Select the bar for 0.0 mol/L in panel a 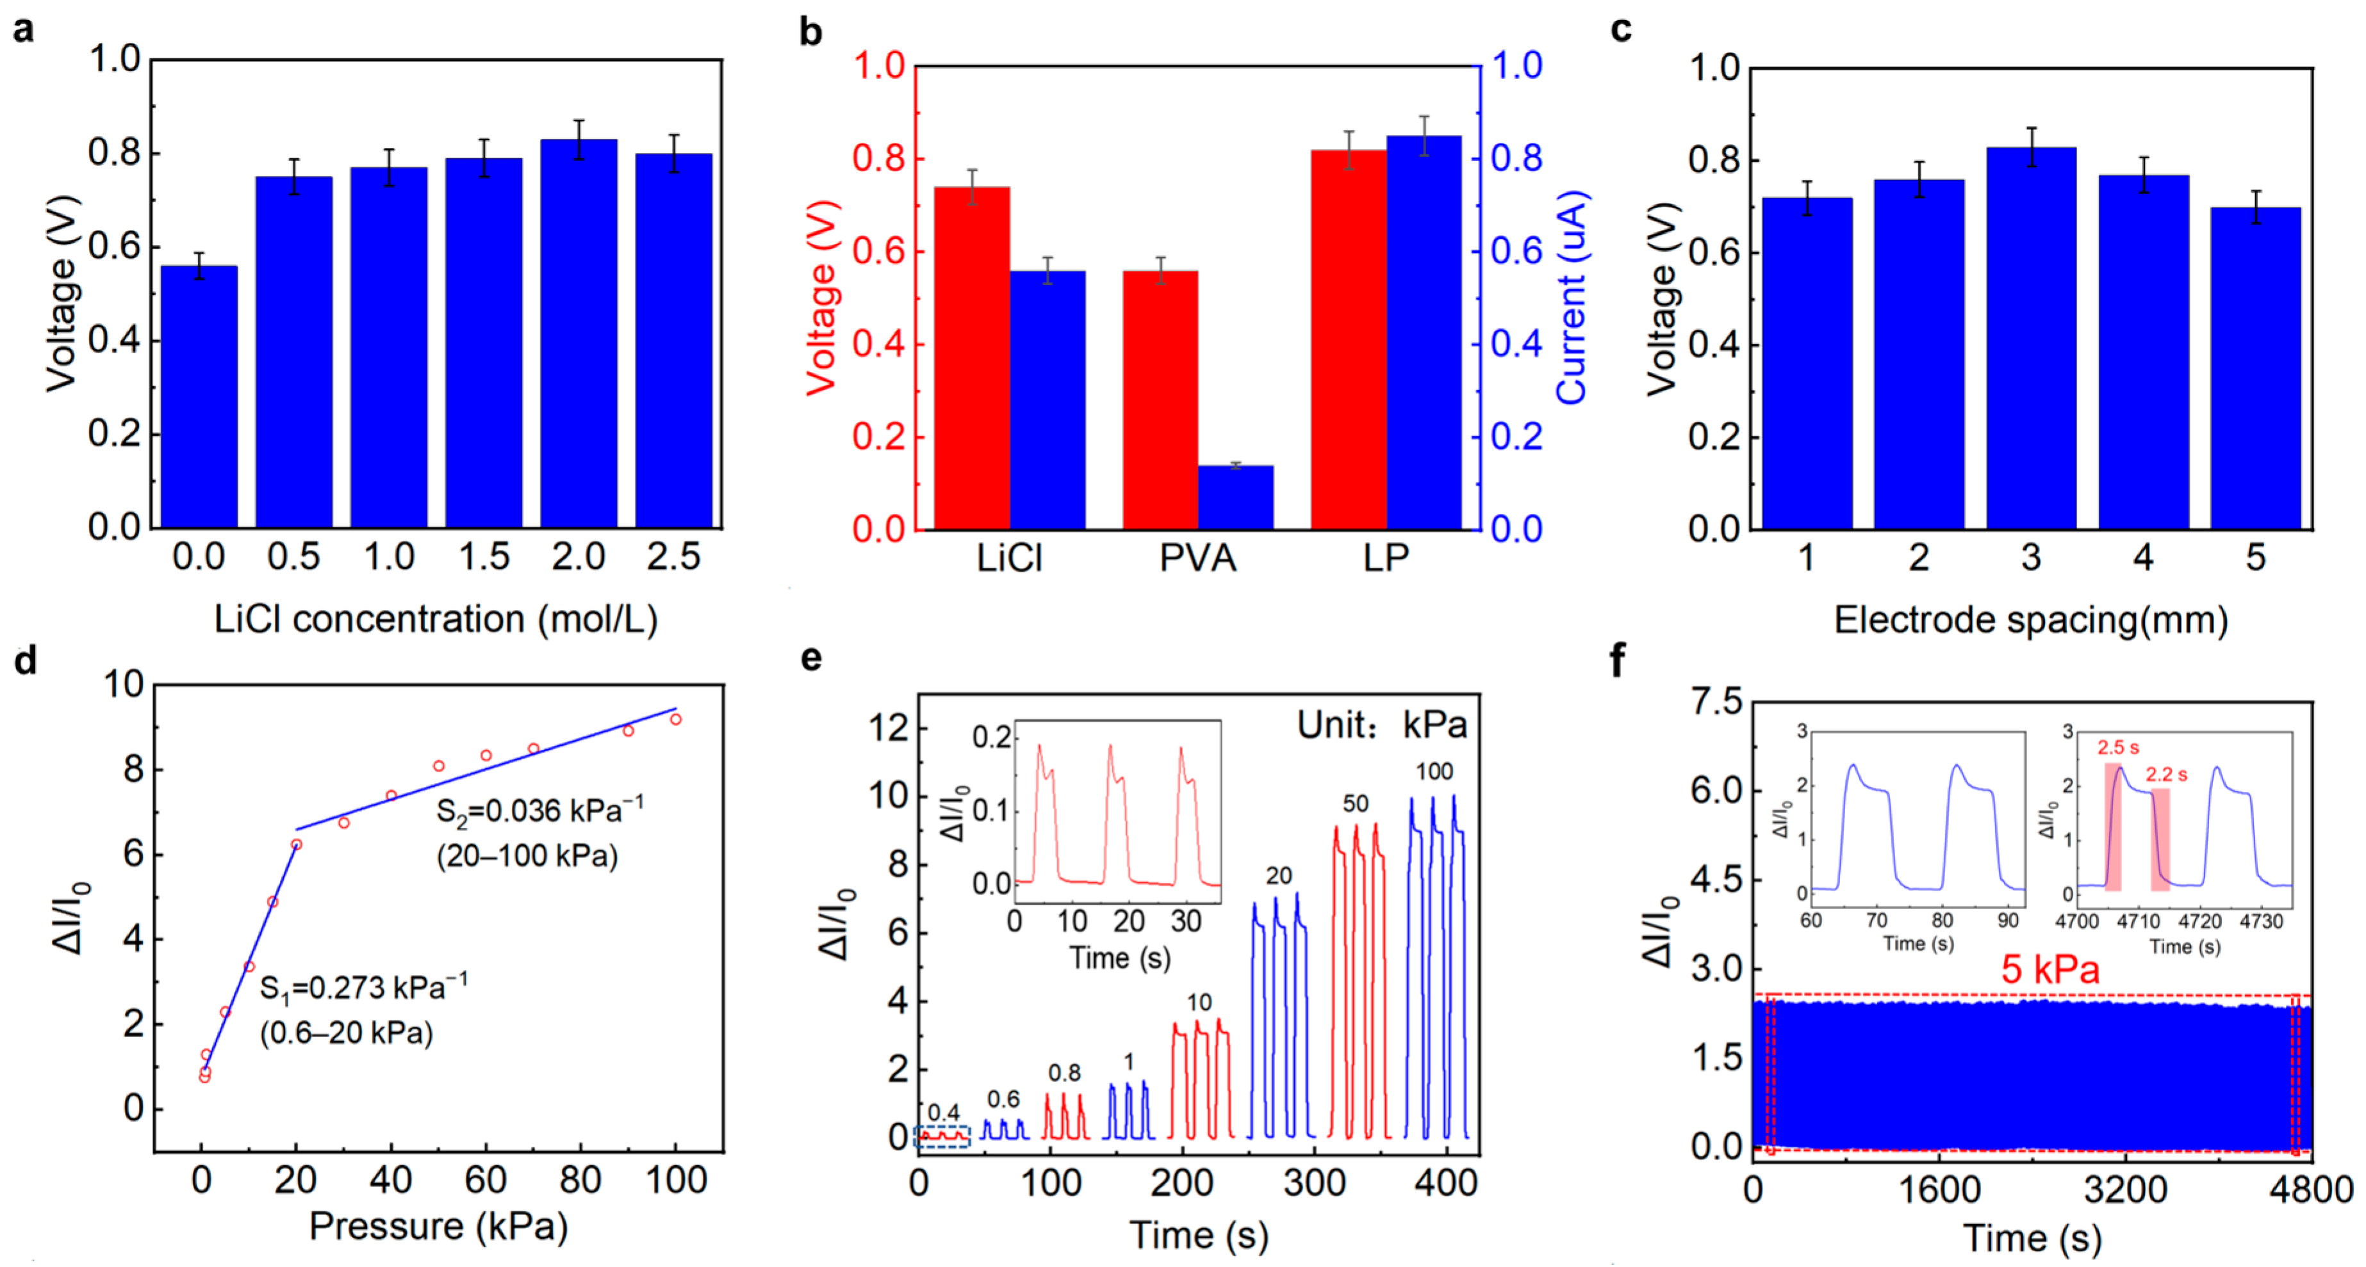click(x=199, y=397)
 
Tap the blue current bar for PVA click(x=1235, y=497)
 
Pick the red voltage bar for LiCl click(x=972, y=358)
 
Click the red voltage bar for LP click(x=1349, y=340)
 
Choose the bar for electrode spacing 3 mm click(x=2032, y=338)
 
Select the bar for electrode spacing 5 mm click(x=2256, y=368)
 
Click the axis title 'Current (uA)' click(x=1572, y=298)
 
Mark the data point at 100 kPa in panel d click(x=676, y=720)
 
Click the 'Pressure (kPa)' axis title click(x=438, y=1227)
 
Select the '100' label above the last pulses click(x=1434, y=772)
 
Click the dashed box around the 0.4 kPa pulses click(x=942, y=1136)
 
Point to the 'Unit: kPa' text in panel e click(x=1381, y=725)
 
